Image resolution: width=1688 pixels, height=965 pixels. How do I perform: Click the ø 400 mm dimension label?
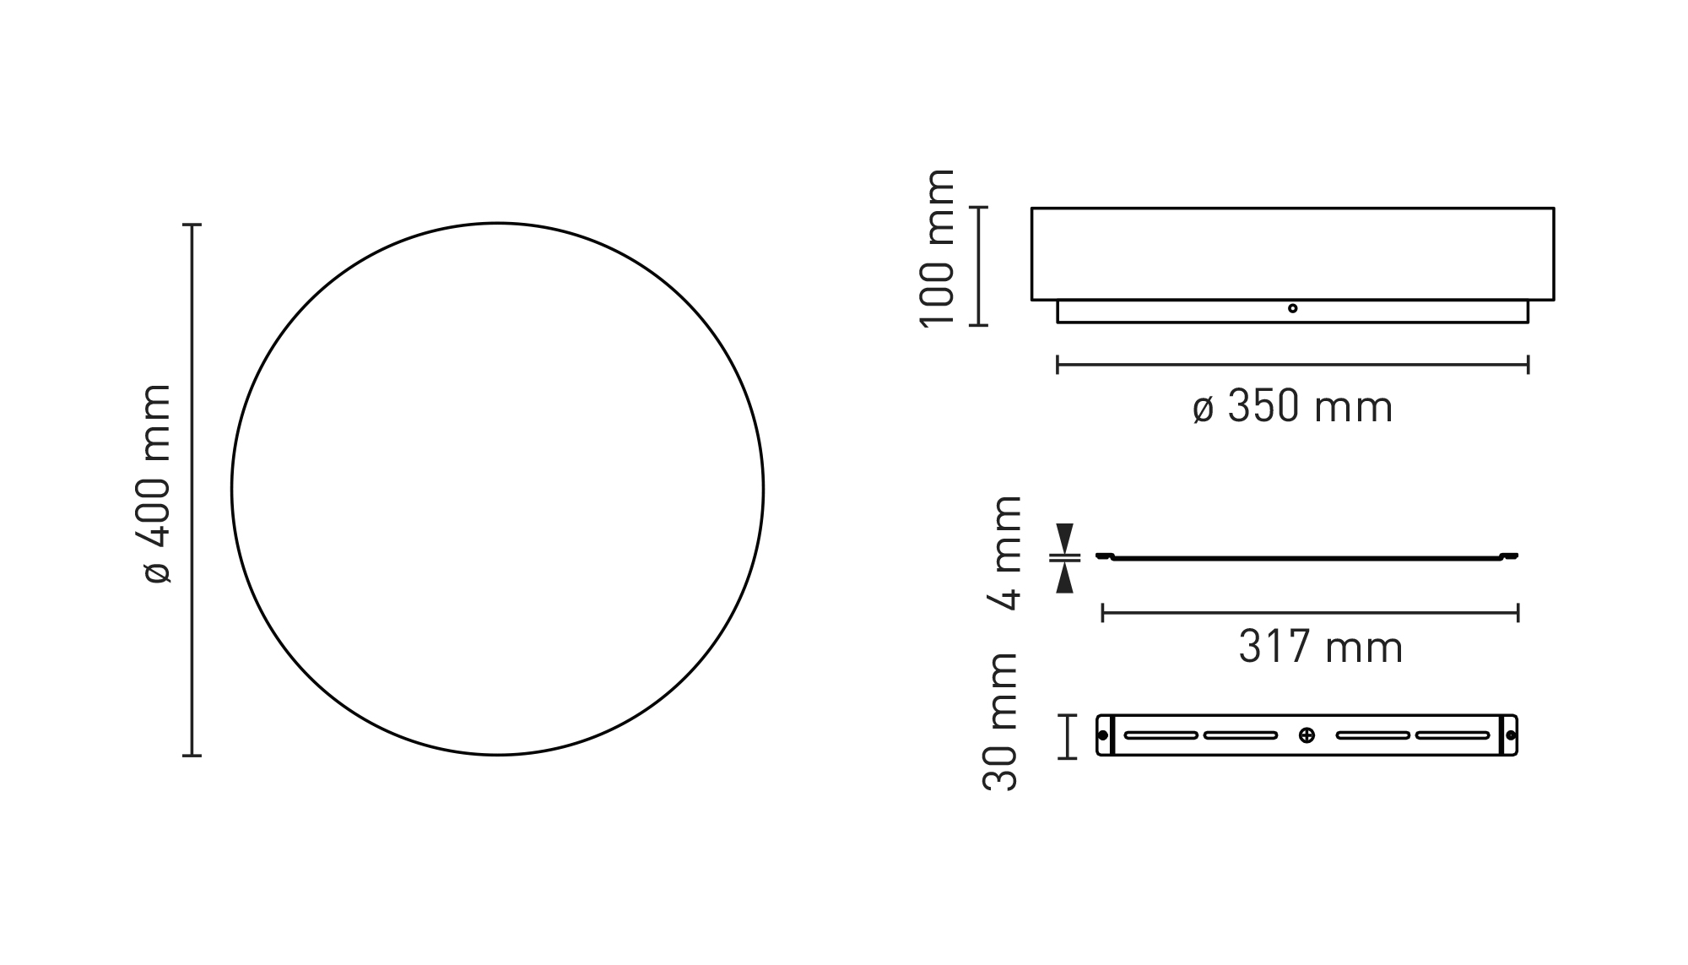tap(158, 484)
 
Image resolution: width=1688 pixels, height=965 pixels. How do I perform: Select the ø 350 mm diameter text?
tap(1292, 407)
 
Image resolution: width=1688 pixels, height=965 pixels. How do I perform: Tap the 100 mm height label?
tap(937, 247)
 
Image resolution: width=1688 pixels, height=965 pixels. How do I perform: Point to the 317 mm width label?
tap(1321, 648)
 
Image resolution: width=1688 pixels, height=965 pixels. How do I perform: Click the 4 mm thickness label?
tap(1004, 552)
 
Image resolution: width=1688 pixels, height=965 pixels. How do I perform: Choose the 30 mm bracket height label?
tap(1001, 722)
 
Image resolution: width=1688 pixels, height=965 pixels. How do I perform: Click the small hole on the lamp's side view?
tap(1292, 308)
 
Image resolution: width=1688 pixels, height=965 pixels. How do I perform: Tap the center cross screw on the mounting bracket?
tap(1307, 735)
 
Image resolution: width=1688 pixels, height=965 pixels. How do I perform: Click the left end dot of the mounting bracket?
tap(1103, 735)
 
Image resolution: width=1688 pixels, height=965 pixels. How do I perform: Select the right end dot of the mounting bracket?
tap(1510, 735)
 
